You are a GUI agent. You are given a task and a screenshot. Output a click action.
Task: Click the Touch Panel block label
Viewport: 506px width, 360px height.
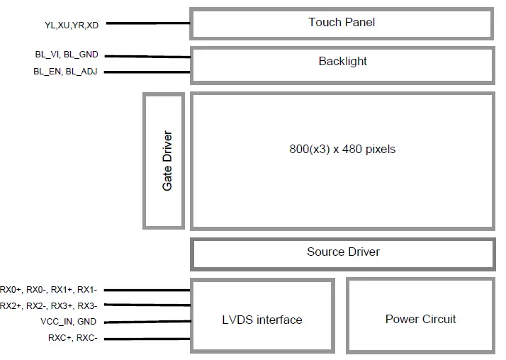pos(342,22)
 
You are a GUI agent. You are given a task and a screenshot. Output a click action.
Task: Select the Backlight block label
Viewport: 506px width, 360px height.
pos(342,61)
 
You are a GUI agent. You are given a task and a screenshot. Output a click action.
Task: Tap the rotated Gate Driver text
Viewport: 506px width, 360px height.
pos(167,161)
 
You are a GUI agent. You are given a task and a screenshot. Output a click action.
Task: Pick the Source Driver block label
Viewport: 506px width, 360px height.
pos(343,252)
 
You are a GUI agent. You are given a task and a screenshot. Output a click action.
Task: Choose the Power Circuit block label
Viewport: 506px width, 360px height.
pos(420,319)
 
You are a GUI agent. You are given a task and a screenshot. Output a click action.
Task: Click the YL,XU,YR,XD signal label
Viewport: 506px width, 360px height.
pos(72,25)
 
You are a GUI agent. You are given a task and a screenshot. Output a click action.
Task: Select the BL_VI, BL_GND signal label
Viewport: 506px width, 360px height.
pos(66,55)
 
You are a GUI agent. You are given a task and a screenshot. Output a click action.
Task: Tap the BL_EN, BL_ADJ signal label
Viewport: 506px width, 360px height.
pos(65,72)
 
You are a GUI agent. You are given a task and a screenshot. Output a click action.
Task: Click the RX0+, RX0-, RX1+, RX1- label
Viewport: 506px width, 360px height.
pos(53,289)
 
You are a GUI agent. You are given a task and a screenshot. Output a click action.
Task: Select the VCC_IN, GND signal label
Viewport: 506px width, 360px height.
pos(69,322)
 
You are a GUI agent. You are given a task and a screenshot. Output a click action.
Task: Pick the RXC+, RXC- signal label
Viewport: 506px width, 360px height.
pos(72,338)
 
